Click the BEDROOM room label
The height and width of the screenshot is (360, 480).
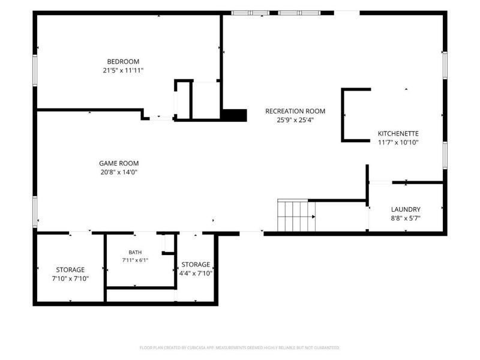pos(123,62)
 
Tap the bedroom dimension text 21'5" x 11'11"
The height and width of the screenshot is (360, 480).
pos(123,70)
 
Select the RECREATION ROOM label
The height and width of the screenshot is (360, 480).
pos(295,111)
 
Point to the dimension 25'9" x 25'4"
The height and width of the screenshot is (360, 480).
pos(295,120)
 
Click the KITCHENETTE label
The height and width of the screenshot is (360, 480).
pos(398,133)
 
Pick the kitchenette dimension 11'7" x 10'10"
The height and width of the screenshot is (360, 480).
pos(398,142)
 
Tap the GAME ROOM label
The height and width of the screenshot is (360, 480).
pos(119,163)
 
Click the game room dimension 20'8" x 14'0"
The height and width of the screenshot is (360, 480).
pos(119,172)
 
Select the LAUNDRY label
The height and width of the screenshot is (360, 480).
pos(406,209)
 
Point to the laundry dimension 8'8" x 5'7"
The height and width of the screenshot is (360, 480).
pos(406,218)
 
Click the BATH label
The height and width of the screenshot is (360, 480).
pos(135,252)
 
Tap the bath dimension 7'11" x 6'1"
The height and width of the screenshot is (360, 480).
pos(135,260)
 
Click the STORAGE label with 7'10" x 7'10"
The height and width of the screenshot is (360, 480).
pos(70,269)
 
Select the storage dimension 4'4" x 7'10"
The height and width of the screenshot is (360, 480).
pos(196,274)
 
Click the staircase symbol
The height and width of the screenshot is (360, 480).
pos(296,215)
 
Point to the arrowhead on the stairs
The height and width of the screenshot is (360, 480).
pos(313,217)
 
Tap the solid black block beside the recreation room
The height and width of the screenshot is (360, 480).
pos(234,115)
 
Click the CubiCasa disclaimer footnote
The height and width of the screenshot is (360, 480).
pos(239,347)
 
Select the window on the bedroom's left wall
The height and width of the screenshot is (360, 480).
pos(35,70)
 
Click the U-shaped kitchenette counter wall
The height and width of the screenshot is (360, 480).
pos(343,115)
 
